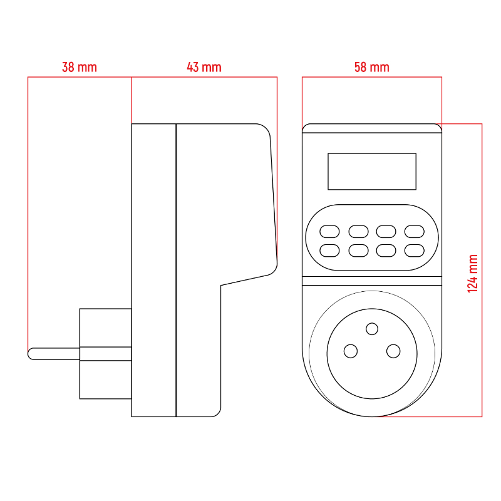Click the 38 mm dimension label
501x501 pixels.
[x=80, y=67]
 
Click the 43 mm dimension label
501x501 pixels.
[x=204, y=67]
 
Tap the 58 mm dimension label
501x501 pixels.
[x=372, y=67]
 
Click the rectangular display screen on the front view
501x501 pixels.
[x=372, y=171]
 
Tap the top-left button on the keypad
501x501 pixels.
[x=329, y=231]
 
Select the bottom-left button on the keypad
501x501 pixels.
[x=329, y=251]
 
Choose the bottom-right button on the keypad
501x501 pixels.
[x=415, y=251]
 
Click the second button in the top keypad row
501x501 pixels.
[x=358, y=231]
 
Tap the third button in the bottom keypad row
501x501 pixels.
[x=386, y=251]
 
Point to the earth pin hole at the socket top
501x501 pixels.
[x=372, y=329]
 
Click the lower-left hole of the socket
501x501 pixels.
[x=351, y=351]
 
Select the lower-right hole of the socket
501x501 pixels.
[x=393, y=351]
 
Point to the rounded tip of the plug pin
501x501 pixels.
[x=32, y=353]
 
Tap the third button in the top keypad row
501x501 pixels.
[x=386, y=231]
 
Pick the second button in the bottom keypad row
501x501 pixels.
[x=358, y=251]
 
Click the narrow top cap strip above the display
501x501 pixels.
[x=372, y=128]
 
